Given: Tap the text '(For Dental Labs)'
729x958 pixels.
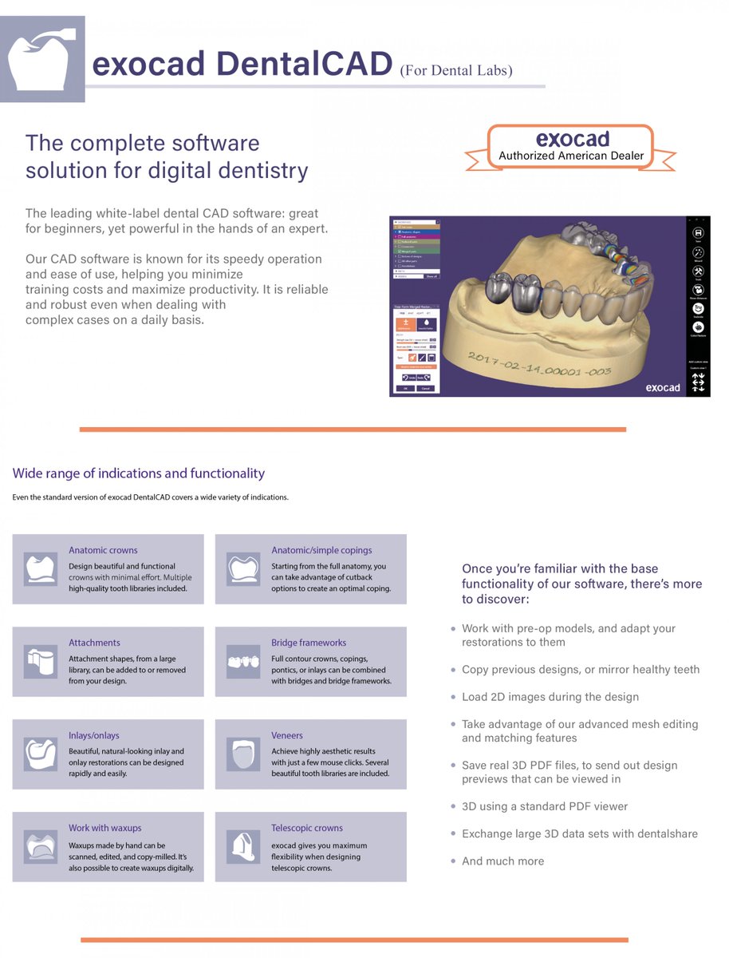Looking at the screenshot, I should pos(455,70).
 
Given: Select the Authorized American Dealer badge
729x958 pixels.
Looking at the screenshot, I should pos(570,148).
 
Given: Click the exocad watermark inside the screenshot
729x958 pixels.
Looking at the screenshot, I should pos(662,387).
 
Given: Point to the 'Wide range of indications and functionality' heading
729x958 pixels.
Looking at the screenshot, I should pos(138,473).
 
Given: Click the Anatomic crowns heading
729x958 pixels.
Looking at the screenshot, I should pos(103,550).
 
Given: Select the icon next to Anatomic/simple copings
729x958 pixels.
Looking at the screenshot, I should pos(242,569).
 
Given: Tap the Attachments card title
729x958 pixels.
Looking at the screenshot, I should pos(94,643).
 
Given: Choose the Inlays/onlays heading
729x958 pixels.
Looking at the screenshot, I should pos(93,735).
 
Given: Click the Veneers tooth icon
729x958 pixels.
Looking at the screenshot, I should pos(242,754).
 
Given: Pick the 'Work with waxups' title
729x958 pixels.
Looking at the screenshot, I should pos(104,828).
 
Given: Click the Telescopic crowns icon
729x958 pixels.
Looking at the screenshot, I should pos(242,847).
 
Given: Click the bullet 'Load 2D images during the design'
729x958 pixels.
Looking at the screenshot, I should pos(550,697).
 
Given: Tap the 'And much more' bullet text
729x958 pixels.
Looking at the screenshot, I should pos(502,861).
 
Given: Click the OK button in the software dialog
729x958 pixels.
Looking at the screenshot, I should pos(404,388).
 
